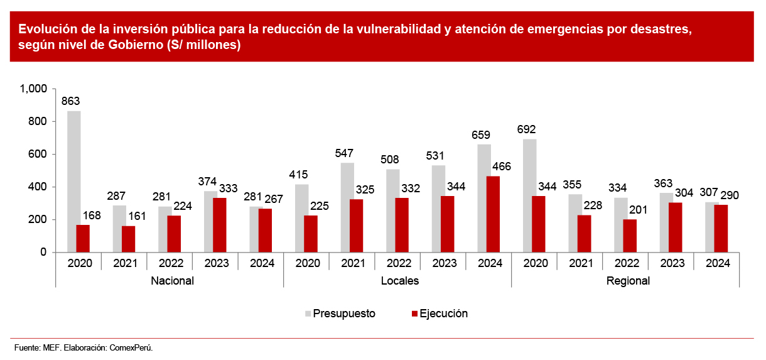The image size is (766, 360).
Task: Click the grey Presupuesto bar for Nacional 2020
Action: (x=73, y=182)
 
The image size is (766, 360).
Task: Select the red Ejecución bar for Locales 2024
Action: (x=493, y=214)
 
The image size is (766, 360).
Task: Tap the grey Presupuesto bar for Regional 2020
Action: (x=529, y=195)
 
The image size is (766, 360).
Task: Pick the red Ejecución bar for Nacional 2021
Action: (x=128, y=239)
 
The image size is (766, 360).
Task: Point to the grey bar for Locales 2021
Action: (x=347, y=207)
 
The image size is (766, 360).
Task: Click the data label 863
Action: (x=70, y=101)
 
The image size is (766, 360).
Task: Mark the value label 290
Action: (x=729, y=195)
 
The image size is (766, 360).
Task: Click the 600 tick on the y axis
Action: (x=38, y=155)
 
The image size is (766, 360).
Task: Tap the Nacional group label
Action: (x=172, y=281)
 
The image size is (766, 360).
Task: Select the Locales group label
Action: (x=400, y=281)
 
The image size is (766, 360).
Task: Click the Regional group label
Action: (x=628, y=281)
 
